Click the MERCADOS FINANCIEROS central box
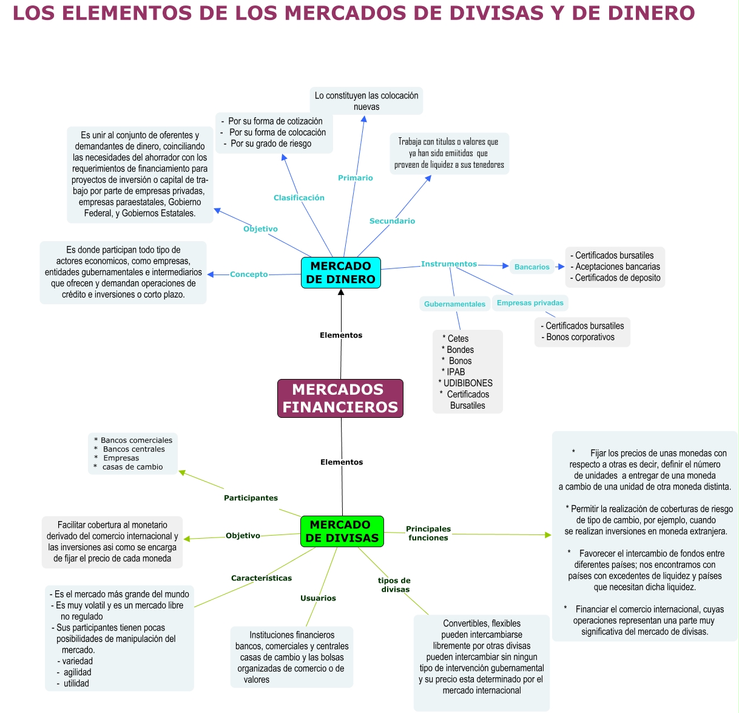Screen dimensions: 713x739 pos(340,398)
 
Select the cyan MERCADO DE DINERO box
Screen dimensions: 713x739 pos(340,273)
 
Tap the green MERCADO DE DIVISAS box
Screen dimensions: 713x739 pos(342,531)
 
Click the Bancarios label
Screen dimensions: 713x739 pos(531,267)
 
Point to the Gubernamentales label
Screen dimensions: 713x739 pos(454,304)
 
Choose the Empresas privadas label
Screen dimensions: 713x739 pos(530,302)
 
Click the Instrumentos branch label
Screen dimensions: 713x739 pos(449,264)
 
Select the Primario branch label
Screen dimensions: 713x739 pos(356,178)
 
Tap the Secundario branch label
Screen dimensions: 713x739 pos(392,221)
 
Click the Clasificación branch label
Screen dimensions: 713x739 pos(299,198)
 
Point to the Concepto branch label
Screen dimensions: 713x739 pos(249,275)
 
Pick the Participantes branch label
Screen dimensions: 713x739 pos(251,498)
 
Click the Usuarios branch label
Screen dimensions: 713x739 pos(318,598)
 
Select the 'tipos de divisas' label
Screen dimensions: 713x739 pos(395,585)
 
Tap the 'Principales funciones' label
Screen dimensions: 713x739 pos(428,533)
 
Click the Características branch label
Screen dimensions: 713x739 pos(262,578)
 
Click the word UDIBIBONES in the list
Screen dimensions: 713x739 pos(468,383)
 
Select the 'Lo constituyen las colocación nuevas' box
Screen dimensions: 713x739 pos(366,101)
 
